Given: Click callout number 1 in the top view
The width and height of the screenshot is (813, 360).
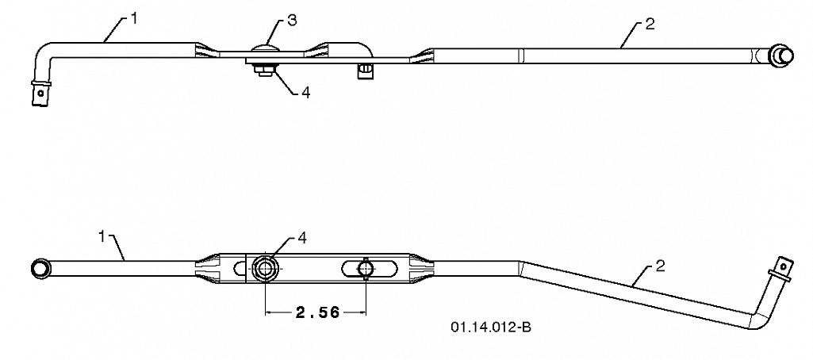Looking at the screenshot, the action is [134, 19].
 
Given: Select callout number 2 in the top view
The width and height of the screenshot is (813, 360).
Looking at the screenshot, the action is [650, 25].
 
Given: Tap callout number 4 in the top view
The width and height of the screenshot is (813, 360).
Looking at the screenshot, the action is [306, 93].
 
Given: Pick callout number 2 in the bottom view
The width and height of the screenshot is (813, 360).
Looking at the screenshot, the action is [661, 266].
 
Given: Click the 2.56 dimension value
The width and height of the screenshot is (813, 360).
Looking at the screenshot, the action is [317, 312].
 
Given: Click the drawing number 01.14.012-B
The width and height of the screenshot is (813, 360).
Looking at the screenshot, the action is [490, 327].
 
